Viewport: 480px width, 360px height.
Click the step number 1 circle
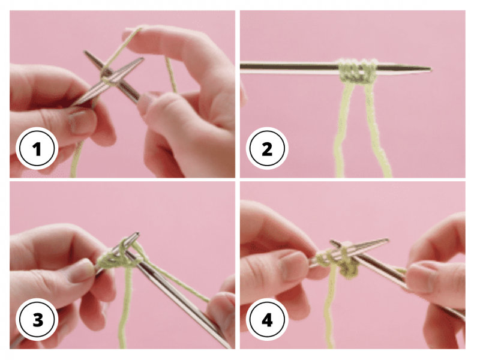37,148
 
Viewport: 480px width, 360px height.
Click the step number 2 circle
267,148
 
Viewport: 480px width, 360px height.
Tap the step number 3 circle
37,320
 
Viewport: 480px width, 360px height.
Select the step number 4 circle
267,320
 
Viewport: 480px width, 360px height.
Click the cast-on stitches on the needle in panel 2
357,71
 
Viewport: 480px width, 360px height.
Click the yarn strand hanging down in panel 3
125,306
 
